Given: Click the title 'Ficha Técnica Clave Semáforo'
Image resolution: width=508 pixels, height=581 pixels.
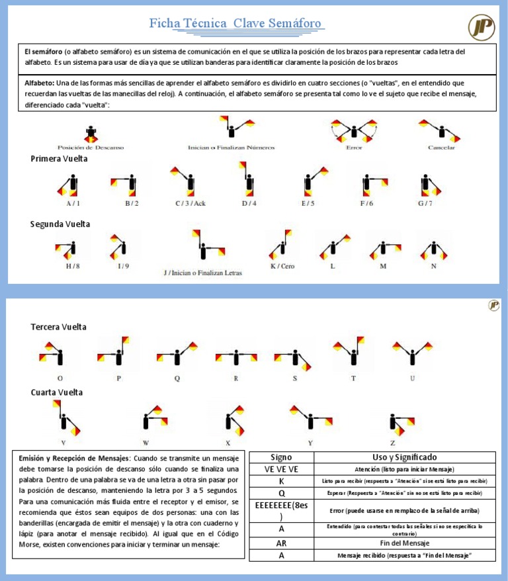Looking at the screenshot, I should (235, 24).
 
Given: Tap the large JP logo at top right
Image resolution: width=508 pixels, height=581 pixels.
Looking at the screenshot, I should (481, 27).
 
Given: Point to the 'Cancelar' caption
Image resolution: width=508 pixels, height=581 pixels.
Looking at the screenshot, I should (441, 147).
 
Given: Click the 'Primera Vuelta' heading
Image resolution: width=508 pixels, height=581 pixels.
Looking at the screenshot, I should (60, 159).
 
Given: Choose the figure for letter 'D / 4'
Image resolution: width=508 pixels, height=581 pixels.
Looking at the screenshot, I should (247, 180).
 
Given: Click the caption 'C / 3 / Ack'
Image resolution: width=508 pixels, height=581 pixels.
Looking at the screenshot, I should (190, 203).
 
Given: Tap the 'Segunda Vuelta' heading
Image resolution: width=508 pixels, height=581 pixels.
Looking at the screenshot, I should (60, 224).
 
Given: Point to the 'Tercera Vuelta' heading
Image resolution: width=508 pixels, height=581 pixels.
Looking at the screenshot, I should (58, 327).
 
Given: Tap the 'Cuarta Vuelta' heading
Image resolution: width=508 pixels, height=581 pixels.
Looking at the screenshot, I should (57, 392).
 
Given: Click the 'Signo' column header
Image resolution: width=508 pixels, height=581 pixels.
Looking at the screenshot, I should (281, 457).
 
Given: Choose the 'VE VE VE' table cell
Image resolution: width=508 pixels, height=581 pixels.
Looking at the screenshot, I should (281, 469).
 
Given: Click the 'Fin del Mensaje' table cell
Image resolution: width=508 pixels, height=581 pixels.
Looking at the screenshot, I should (403, 543).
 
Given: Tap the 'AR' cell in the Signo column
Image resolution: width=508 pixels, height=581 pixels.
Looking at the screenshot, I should (281, 543).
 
